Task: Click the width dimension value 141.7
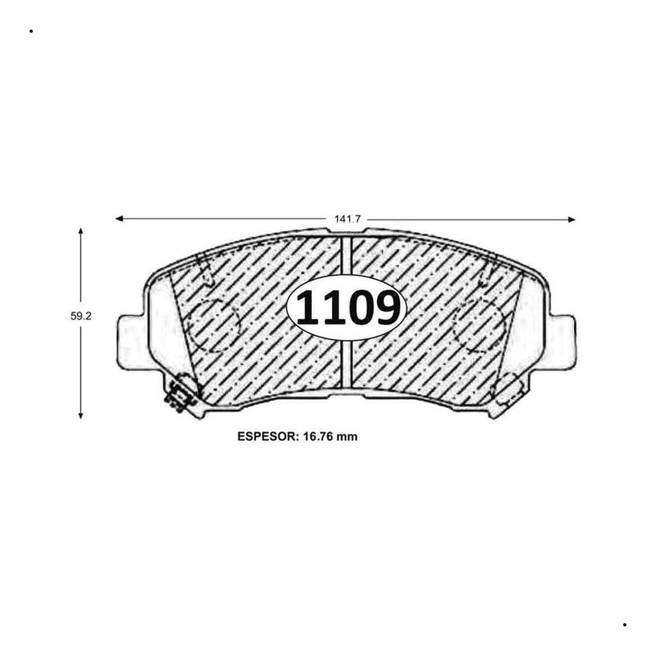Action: click(347, 219)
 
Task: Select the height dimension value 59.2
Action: click(81, 316)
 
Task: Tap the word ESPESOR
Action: click(268, 437)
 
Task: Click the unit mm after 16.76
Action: click(347, 438)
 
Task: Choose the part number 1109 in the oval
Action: click(347, 308)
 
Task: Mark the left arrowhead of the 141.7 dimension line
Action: click(119, 218)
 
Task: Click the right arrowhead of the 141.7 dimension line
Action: click(571, 220)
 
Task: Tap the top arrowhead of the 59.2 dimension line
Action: click(81, 231)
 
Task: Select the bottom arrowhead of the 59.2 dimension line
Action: click(81, 414)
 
